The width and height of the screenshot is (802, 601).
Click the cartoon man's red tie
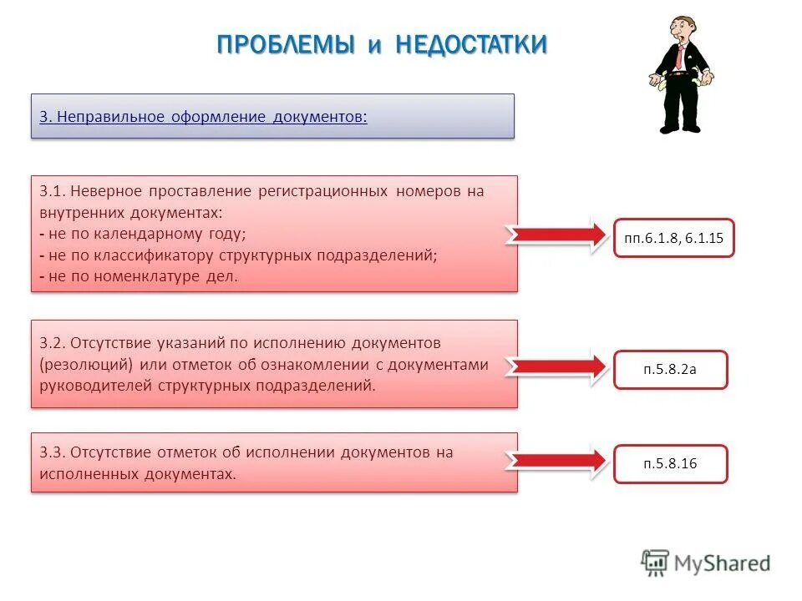(x=682, y=58)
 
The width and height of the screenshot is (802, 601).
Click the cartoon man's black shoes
(x=680, y=128)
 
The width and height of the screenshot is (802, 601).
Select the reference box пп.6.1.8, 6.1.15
(x=673, y=238)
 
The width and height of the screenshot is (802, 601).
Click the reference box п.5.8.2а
(x=670, y=370)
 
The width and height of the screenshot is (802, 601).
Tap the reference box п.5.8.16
(x=670, y=464)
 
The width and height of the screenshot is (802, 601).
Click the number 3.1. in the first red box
(x=51, y=191)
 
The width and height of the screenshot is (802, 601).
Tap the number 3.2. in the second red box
(x=52, y=343)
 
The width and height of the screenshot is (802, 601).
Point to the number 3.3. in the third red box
(x=52, y=452)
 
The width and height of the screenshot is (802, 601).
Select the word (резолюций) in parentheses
(x=86, y=365)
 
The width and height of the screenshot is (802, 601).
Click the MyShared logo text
(x=723, y=563)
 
